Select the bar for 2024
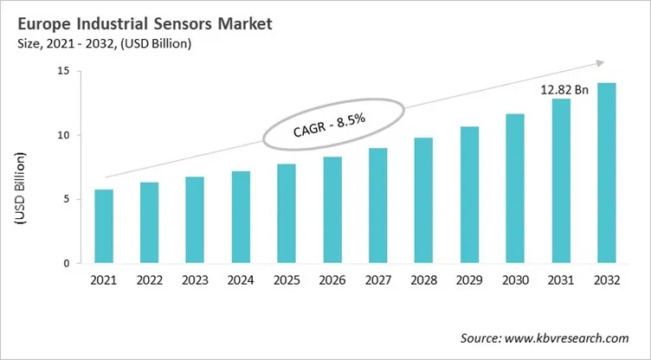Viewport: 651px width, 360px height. (240, 217)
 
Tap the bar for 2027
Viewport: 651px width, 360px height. (377, 205)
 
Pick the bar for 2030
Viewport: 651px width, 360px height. (515, 188)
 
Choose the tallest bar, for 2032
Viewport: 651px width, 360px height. (607, 172)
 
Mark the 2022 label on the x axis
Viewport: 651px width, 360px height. (149, 279)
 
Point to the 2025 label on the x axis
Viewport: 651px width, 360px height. (286, 279)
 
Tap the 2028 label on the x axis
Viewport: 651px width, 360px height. (423, 279)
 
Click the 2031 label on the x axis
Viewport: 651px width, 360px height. (561, 279)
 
